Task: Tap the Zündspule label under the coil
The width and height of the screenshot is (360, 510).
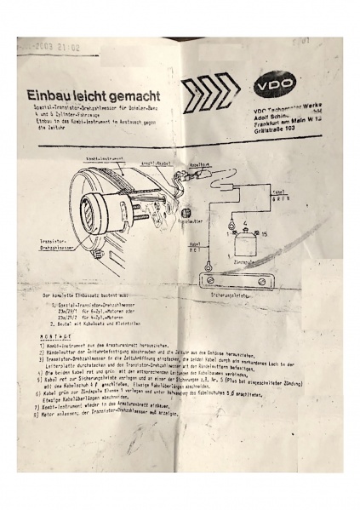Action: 242,266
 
